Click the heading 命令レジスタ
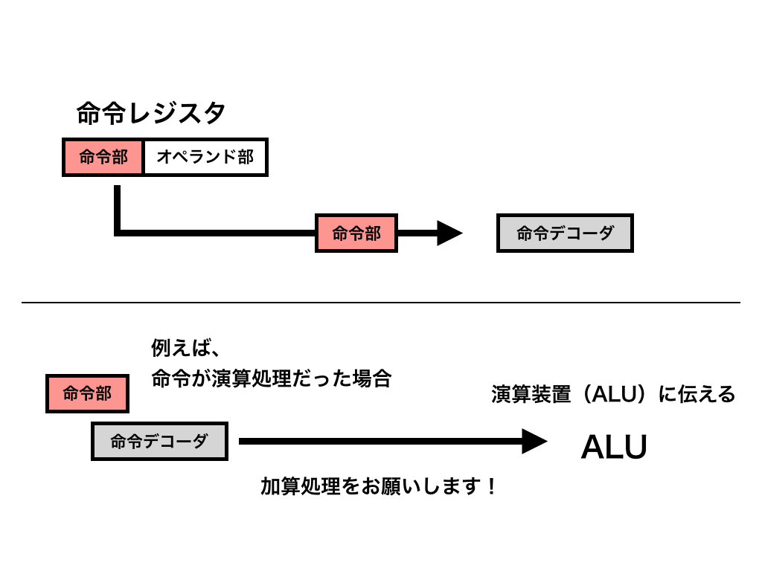151,114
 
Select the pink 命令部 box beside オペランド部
103,157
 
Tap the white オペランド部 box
205,157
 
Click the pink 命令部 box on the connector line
356,233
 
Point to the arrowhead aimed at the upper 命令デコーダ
449,233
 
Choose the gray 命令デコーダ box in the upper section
565,233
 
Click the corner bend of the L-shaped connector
118,233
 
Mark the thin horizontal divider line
381,303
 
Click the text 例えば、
183,348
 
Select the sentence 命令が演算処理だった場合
271,378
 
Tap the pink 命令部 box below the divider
87,393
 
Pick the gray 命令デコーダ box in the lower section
159,441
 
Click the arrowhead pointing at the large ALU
534,441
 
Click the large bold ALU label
613,448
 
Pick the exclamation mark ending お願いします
490,487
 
